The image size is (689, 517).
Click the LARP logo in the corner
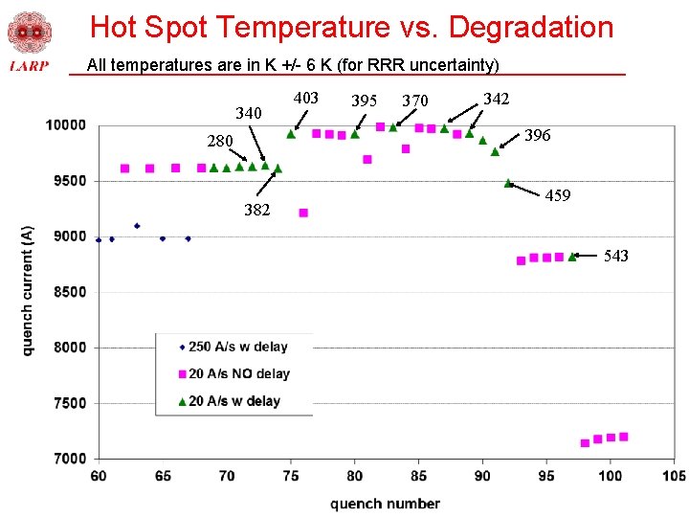coord(29,42)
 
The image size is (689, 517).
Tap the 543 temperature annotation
coord(616,256)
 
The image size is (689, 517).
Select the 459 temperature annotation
coord(558,195)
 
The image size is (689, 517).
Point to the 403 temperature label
coord(305,98)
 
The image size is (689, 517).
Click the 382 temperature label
coord(256,210)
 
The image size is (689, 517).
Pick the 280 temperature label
coord(220,142)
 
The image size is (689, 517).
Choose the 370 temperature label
coord(414,101)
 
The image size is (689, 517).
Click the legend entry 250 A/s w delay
coord(237,347)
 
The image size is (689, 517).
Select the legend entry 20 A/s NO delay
coord(238,373)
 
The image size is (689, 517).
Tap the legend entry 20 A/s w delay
coord(233,401)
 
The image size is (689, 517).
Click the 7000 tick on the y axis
coord(69,459)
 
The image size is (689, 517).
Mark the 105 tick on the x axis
coord(673,476)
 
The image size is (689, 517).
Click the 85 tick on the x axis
coord(417,476)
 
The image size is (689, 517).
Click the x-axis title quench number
coord(385,504)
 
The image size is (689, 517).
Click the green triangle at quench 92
coord(508,183)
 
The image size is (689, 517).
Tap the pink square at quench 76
coord(303,213)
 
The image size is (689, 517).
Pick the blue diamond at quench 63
coord(137,226)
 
